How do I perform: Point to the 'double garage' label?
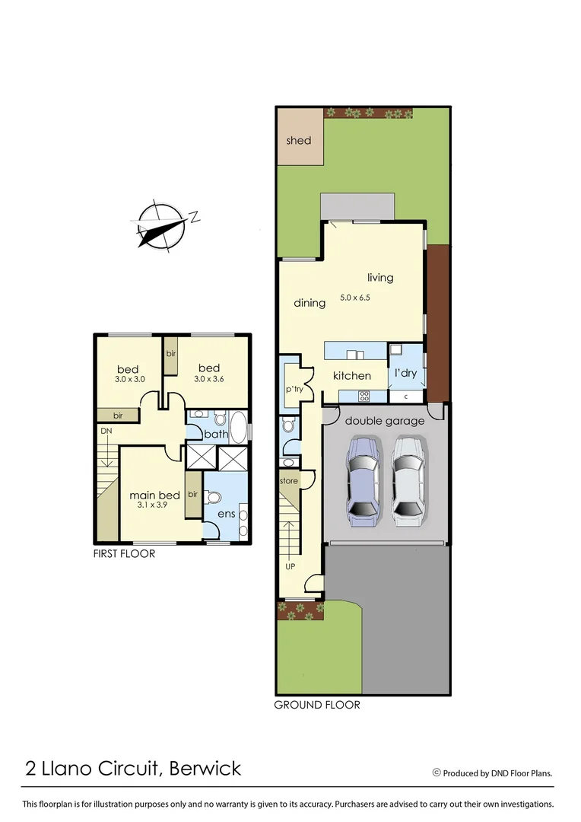point(385,421)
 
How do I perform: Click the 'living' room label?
point(380,277)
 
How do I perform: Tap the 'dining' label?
point(310,303)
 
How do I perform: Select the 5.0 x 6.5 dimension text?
point(354,298)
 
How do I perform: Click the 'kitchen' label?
point(352,375)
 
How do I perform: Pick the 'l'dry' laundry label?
point(405,374)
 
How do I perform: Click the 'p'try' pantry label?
point(294,389)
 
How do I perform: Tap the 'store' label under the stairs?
point(289,481)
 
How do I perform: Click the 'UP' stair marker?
point(290,567)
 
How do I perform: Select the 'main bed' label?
point(154,495)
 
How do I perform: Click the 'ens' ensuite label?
point(226,515)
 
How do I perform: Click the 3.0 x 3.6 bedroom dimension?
point(209,379)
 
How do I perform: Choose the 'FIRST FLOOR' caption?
point(124,553)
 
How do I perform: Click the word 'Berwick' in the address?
point(205,768)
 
